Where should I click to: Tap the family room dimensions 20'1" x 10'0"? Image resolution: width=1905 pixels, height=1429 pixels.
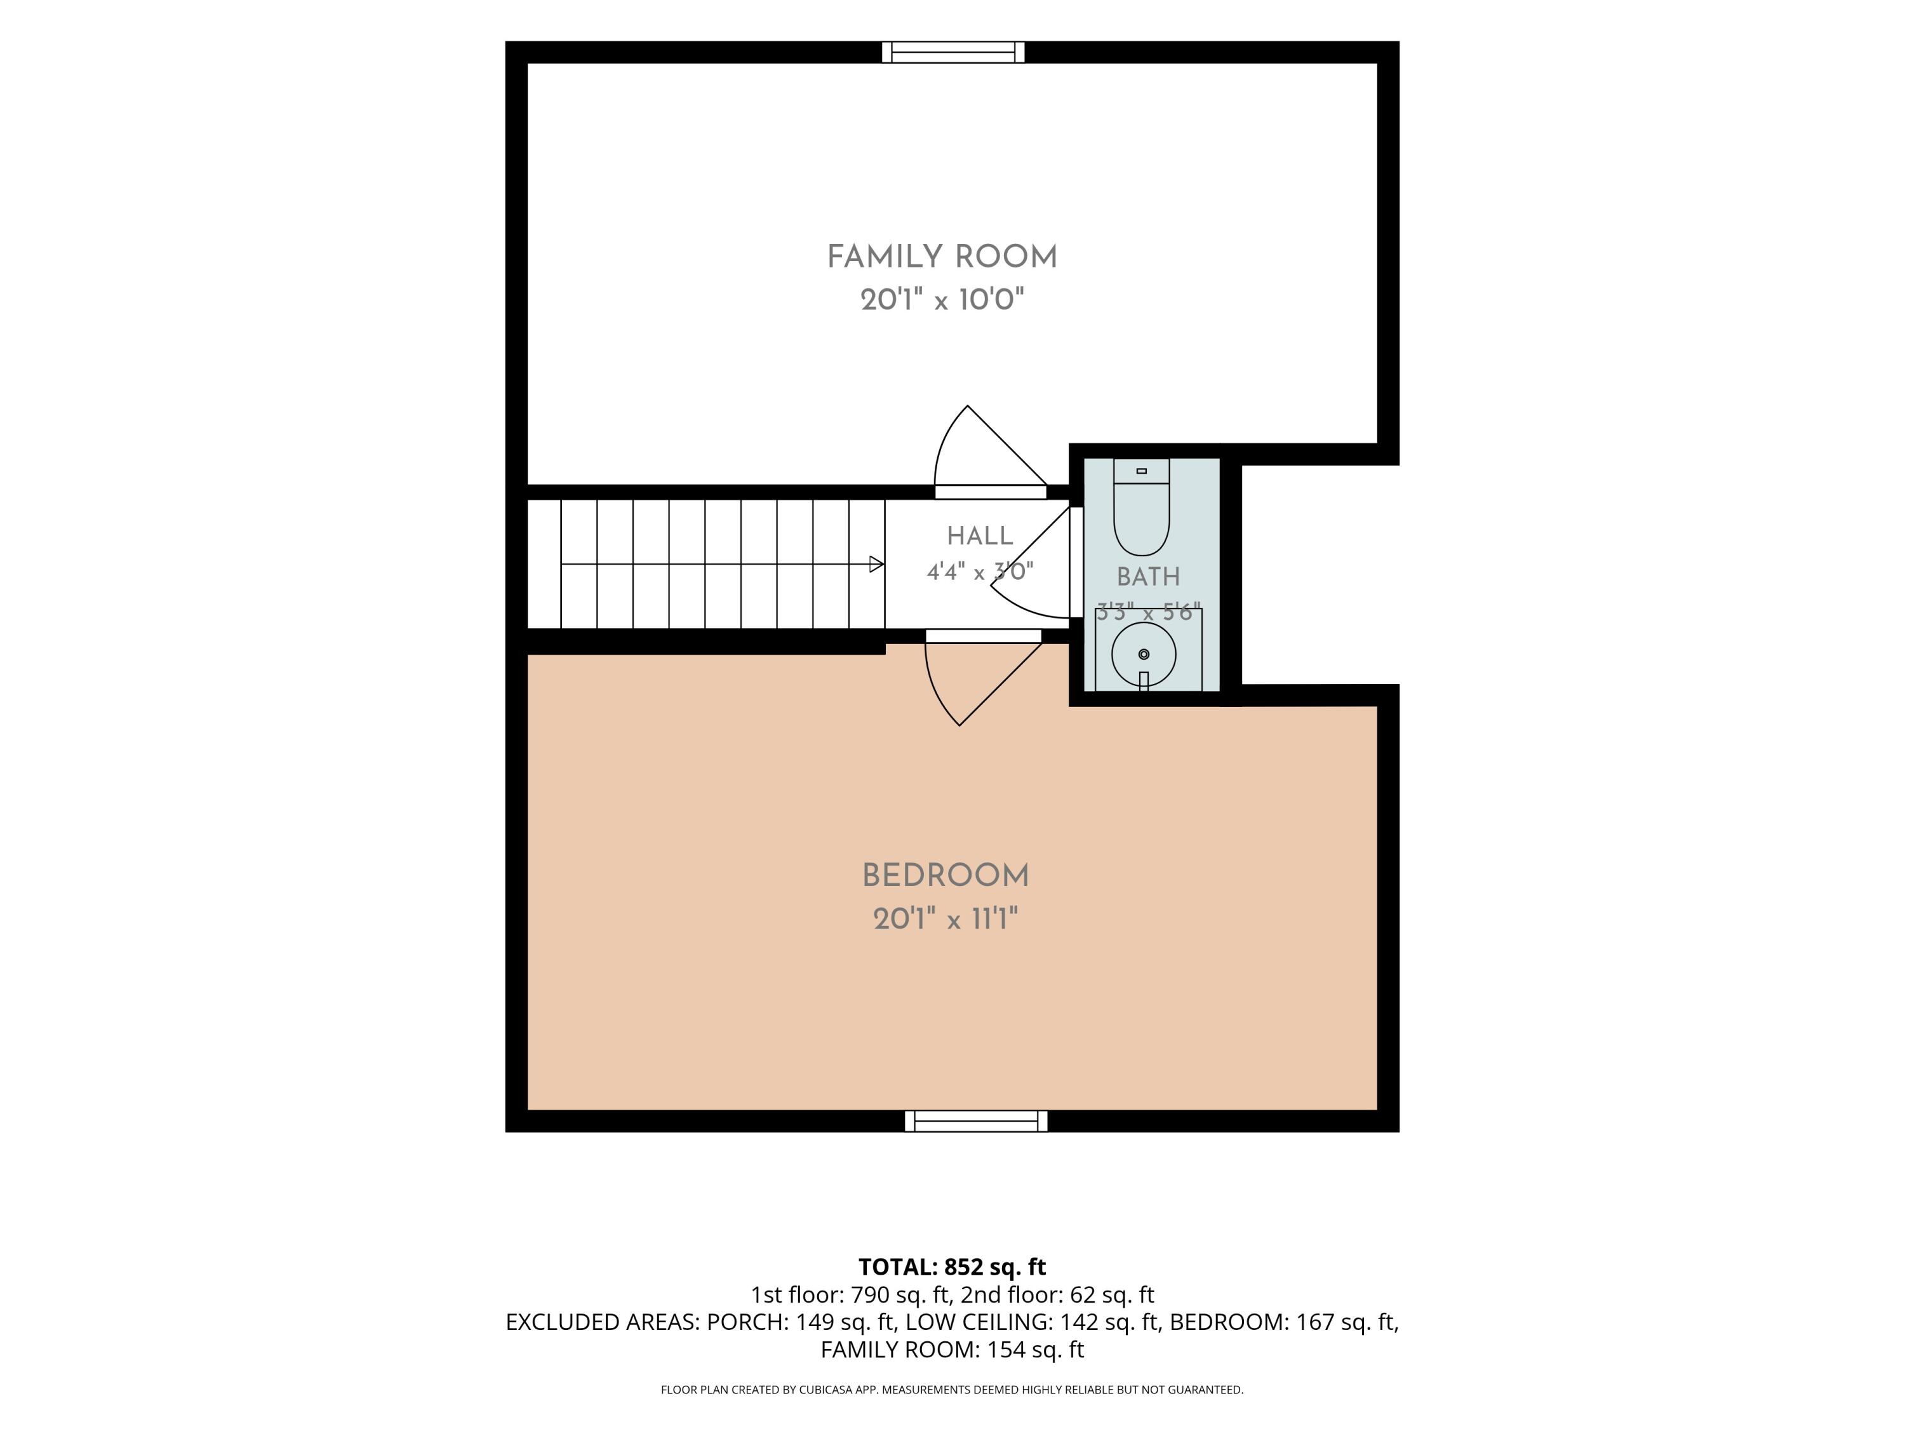tap(942, 300)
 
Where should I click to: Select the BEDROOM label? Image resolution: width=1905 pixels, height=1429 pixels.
tap(946, 875)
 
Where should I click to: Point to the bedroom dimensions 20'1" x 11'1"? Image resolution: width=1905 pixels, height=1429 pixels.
tap(946, 919)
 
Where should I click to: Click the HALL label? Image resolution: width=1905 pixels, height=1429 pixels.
tap(980, 536)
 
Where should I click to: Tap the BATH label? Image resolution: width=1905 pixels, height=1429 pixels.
tap(1148, 576)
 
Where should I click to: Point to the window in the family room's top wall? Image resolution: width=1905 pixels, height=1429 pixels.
tap(953, 53)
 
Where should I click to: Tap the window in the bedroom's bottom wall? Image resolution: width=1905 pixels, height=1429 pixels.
tap(976, 1120)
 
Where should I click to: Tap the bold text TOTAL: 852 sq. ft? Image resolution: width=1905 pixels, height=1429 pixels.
tap(952, 1267)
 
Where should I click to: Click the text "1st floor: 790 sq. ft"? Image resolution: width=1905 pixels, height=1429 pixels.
tap(849, 1294)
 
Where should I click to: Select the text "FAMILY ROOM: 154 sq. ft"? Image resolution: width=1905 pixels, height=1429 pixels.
tap(952, 1350)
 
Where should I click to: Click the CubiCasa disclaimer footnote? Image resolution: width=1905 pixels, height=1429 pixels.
tap(952, 1390)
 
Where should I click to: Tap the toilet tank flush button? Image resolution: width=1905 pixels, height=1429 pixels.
tap(1142, 471)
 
